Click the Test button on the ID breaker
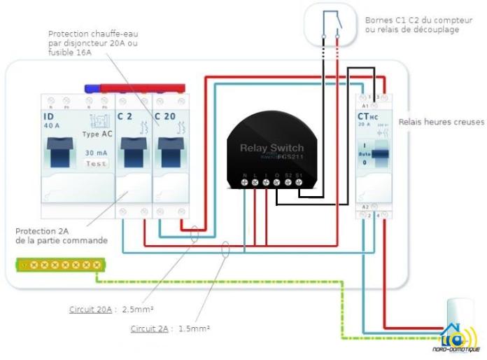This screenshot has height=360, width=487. point(96,163)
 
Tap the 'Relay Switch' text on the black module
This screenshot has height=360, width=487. point(272,148)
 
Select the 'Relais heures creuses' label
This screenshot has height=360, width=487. point(441,122)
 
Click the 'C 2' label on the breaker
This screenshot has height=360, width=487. point(125,116)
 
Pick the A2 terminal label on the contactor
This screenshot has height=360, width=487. point(365,207)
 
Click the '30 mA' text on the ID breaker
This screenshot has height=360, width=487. point(96,152)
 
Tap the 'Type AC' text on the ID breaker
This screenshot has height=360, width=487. point(96,134)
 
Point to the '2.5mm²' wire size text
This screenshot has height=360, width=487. point(138,309)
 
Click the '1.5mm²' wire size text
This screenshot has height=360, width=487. point(195,328)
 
